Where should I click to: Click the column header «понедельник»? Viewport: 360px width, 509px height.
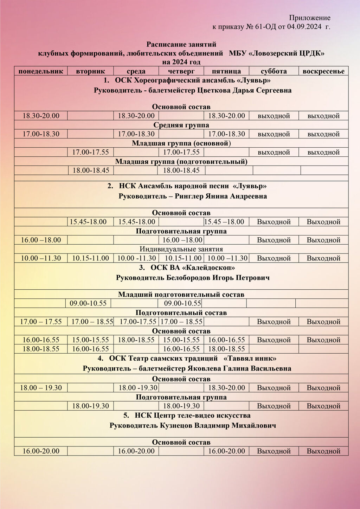coord(41,71)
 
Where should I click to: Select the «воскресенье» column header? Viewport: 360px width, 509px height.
coord(323,71)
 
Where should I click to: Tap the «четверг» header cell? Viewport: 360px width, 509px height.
coord(181,71)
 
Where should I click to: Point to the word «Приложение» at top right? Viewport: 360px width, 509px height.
coord(310,18)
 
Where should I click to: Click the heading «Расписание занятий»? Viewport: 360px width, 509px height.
coord(181,44)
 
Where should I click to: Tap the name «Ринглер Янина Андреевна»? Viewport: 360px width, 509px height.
coord(221,196)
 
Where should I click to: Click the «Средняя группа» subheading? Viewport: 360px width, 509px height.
coord(181,125)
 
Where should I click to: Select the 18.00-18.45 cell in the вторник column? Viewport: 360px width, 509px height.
coord(91,170)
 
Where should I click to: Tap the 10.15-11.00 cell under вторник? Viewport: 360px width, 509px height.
coord(91,258)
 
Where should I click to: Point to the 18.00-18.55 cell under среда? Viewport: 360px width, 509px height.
coord(136,340)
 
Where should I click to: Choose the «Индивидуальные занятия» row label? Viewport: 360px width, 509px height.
coord(181,249)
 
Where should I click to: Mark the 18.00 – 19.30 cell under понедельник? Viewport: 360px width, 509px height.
coord(41,388)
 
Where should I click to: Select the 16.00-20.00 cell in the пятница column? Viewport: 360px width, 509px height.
coord(226,451)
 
